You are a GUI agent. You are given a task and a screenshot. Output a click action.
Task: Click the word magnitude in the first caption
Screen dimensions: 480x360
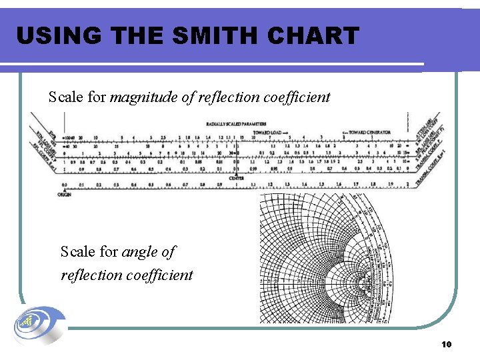(142, 97)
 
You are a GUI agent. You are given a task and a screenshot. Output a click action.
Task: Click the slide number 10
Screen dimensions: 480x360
(447, 344)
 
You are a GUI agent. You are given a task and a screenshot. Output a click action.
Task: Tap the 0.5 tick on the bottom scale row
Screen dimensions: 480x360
(150, 185)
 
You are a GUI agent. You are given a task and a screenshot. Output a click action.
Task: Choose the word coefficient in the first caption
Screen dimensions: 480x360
(296, 97)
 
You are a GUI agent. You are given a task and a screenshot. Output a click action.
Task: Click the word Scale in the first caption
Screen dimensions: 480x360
(67, 97)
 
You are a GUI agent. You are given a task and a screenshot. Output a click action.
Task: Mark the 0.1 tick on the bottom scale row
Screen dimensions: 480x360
(81, 185)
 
